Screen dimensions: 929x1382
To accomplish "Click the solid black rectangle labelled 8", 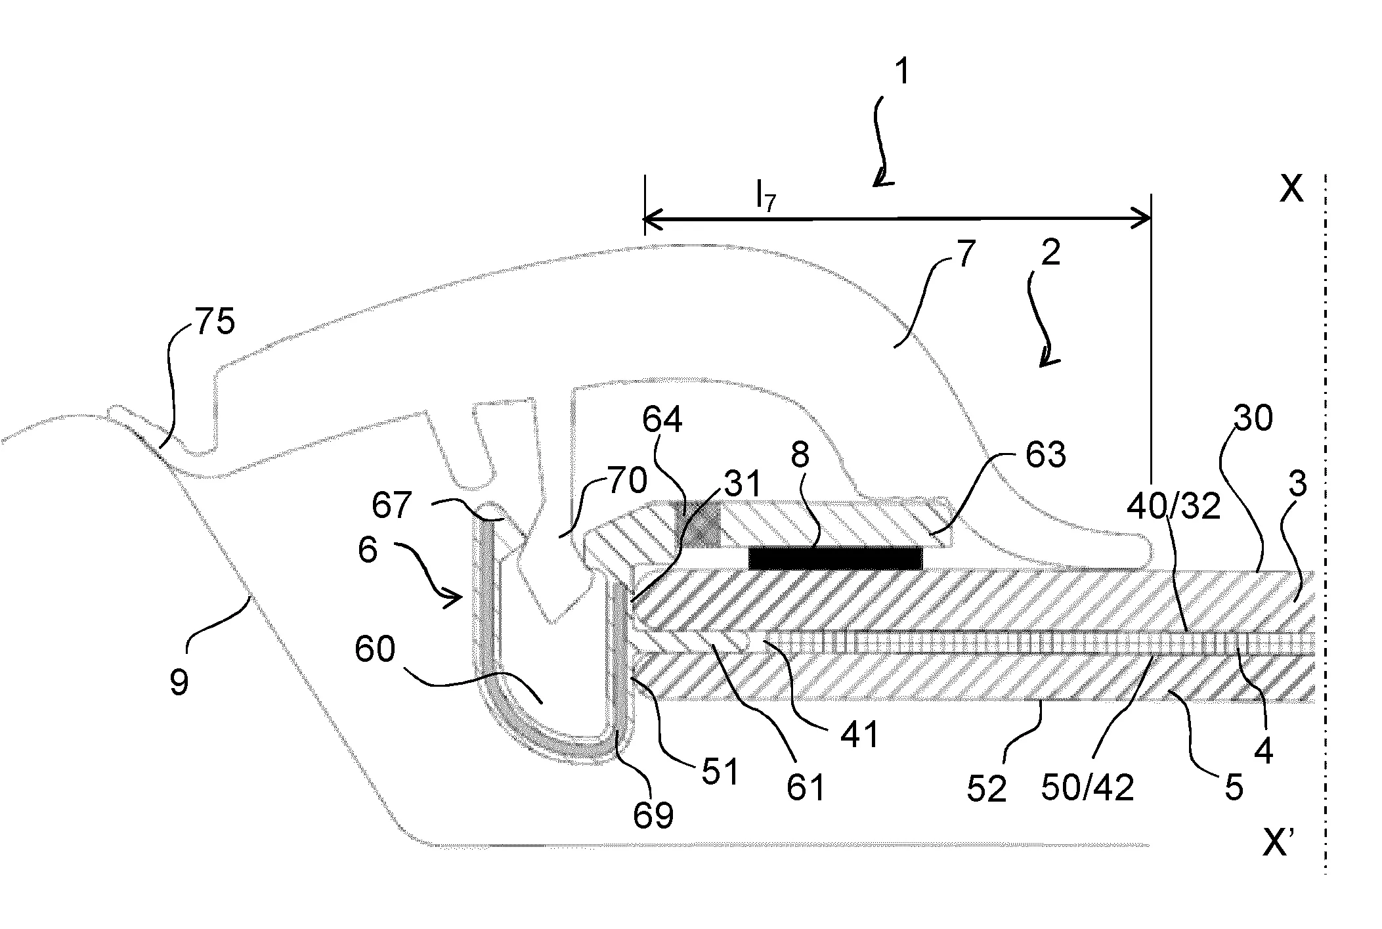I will click(835, 558).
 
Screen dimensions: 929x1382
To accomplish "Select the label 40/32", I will click(1173, 507).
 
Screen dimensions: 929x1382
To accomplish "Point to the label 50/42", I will click(1087, 786).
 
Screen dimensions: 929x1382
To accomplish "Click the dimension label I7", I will click(766, 196).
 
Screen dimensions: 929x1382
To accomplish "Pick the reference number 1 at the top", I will click(903, 72).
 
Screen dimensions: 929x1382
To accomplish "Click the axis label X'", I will click(1280, 843).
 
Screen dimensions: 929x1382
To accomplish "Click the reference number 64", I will click(662, 420).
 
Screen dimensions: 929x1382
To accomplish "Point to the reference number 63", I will click(1045, 454).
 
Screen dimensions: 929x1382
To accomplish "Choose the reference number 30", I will click(1253, 418).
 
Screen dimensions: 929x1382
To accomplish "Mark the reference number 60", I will click(375, 649).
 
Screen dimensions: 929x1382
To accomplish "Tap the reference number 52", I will click(987, 789).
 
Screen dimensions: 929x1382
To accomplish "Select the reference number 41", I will click(859, 734).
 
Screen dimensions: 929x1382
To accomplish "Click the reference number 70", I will click(628, 481).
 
